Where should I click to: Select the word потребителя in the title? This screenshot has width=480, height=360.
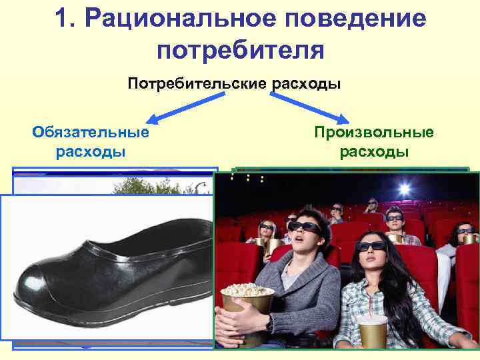click(x=241, y=50)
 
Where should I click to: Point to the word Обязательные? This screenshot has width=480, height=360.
click(x=91, y=132)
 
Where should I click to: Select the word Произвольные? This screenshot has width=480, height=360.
click(x=374, y=132)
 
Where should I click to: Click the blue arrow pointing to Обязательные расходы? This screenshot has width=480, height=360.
click(x=180, y=108)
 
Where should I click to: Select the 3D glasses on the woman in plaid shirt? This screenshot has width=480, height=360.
click(x=371, y=245)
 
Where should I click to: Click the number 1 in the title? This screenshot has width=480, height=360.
click(x=65, y=18)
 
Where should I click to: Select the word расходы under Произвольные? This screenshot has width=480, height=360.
click(x=374, y=152)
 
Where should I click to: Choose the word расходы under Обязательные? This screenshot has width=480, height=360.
click(x=91, y=152)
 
